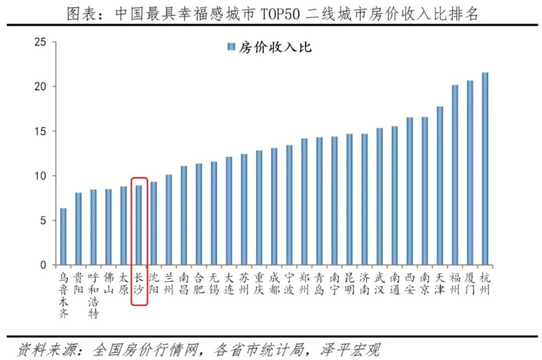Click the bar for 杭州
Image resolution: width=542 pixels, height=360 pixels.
pyautogui.click(x=485, y=169)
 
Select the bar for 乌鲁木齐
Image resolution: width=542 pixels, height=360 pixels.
pyautogui.click(x=63, y=236)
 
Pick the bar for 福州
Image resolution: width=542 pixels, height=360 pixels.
pyautogui.click(x=455, y=175)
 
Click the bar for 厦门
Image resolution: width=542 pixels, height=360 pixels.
pyautogui.click(x=470, y=172)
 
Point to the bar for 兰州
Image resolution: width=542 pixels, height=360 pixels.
pyautogui.click(x=169, y=220)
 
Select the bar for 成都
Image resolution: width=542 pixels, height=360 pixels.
pyautogui.click(x=274, y=206)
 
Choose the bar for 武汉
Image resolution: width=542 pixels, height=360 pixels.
pyautogui.click(x=379, y=196)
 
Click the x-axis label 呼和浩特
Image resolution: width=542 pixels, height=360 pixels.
pyautogui.click(x=94, y=295)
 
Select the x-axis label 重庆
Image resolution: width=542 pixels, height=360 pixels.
pyautogui.click(x=259, y=283)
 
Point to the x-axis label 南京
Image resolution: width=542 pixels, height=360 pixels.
pyautogui.click(x=424, y=283)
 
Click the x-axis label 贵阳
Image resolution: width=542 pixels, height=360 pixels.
pyautogui.click(x=79, y=283)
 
